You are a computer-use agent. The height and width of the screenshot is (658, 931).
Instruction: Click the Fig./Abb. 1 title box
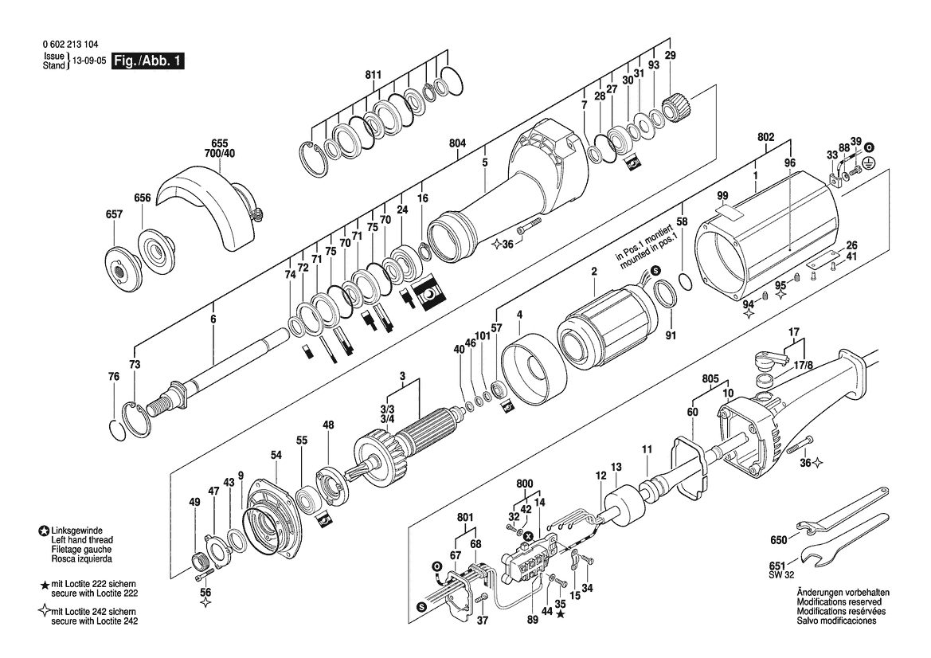tap(149, 61)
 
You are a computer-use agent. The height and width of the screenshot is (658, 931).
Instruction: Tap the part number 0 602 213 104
tap(71, 45)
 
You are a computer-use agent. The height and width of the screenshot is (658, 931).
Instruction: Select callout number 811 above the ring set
tap(373, 75)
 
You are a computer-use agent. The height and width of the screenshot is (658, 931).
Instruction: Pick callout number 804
tap(457, 143)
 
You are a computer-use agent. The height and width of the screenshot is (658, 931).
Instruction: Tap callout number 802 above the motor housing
tap(766, 137)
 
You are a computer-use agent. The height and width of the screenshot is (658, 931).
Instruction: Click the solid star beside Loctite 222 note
tap(44, 586)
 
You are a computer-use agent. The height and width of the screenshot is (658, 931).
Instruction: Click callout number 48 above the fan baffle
tap(328, 425)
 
